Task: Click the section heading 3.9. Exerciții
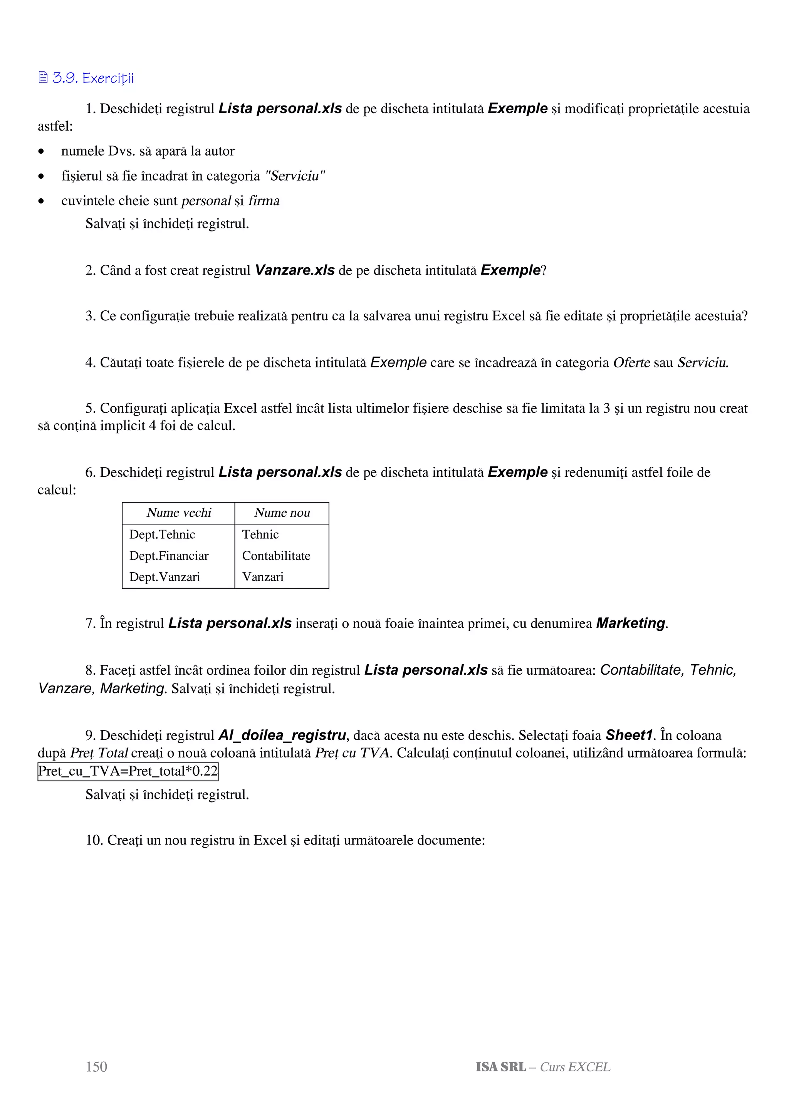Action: (93, 78)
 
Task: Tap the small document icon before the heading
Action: (43, 77)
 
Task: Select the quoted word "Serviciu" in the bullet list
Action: (295, 176)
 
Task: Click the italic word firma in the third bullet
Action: (264, 201)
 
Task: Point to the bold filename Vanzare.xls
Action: (295, 270)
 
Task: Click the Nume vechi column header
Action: (179, 513)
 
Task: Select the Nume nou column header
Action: (282, 513)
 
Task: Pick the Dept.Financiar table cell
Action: (169, 556)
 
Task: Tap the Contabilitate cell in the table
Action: (276, 556)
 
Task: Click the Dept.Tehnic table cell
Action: (162, 534)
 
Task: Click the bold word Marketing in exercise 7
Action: (631, 623)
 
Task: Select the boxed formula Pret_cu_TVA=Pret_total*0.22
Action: (128, 771)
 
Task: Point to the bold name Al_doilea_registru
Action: (282, 736)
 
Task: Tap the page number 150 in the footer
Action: (96, 1067)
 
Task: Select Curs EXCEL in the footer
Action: (575, 1067)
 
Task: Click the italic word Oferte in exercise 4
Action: (631, 363)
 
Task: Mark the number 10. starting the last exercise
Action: (94, 840)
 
